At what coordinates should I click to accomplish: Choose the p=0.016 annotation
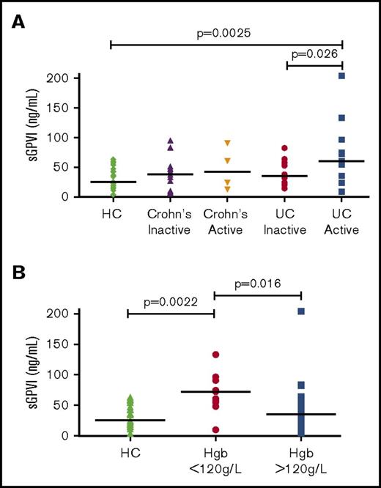pos(257,283)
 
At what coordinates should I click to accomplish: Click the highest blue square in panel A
pos(341,76)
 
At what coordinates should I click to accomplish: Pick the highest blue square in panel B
pos(301,311)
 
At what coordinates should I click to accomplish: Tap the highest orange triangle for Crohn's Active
pos(228,143)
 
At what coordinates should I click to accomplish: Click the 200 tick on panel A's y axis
pos(62,78)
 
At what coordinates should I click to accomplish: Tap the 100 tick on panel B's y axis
pos(62,374)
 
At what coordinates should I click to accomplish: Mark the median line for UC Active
pos(341,161)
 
